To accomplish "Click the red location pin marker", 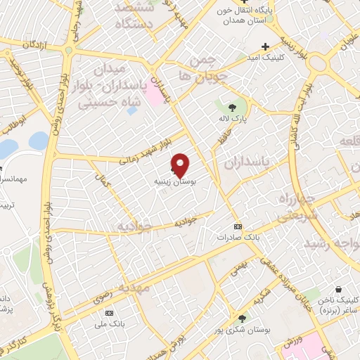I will [181, 165].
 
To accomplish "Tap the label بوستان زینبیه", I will [175, 181].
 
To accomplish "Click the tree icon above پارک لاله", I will [231, 107].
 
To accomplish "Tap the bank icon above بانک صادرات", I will [238, 226].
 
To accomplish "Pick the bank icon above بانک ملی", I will [108, 312].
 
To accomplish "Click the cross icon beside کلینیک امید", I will [265, 46].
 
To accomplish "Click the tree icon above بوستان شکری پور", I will [242, 319].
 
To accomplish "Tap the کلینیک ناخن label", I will [339, 300].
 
